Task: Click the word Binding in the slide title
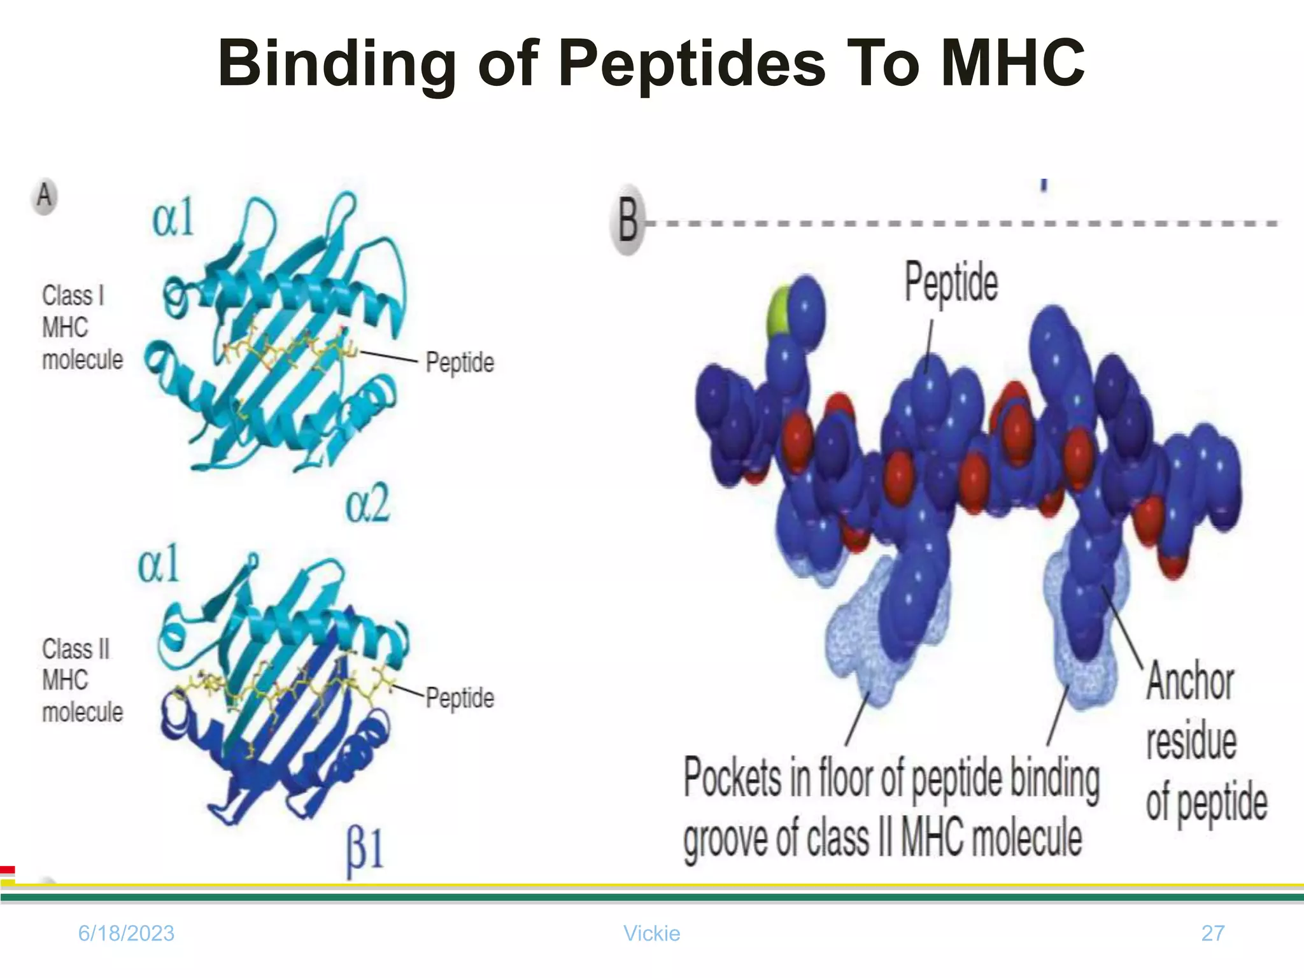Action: pos(337,64)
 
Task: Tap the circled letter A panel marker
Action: pos(44,195)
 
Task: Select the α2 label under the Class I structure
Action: pos(367,504)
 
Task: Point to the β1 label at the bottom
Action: pos(365,850)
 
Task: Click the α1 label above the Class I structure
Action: pos(173,218)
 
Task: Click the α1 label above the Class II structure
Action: pos(159,564)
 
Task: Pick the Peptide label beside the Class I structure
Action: pos(460,362)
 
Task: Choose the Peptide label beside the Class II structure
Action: pos(460,698)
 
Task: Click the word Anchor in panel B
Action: pos(1190,682)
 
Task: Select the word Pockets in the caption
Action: pos(733,777)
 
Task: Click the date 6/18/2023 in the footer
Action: pos(126,933)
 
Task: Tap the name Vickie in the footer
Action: pos(651,933)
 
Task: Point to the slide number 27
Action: pos(1212,933)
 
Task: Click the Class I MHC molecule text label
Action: pos(81,328)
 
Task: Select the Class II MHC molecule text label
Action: pos(81,681)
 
